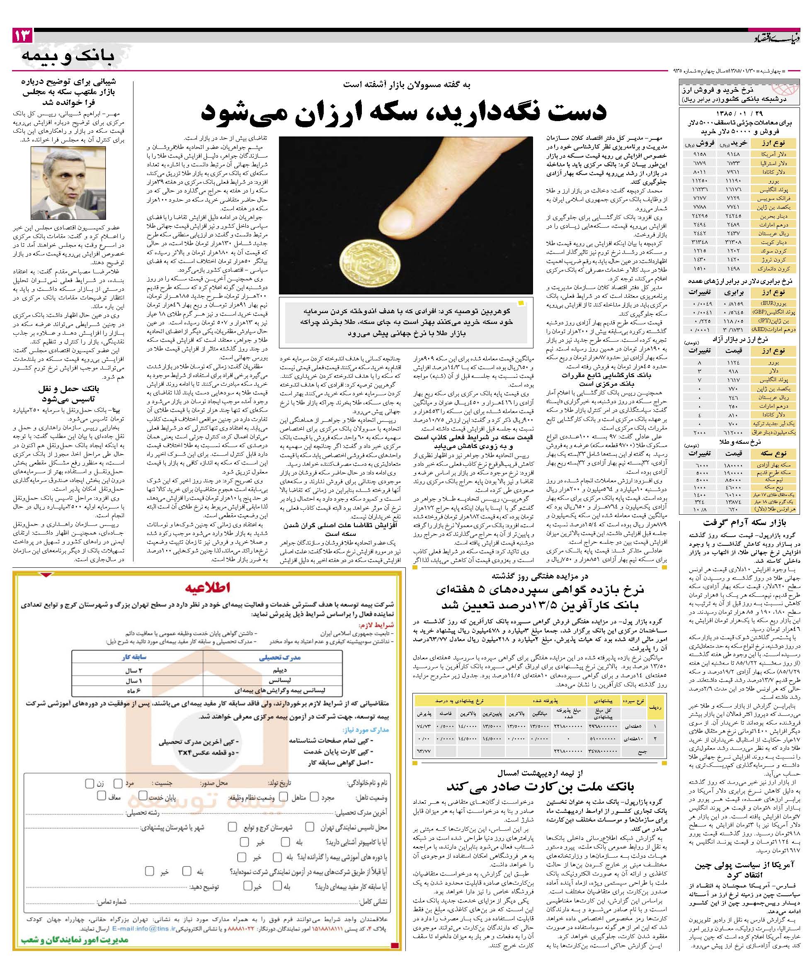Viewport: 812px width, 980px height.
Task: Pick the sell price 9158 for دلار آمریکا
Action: click(x=694, y=153)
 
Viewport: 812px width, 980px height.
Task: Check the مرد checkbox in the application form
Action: click(x=118, y=783)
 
